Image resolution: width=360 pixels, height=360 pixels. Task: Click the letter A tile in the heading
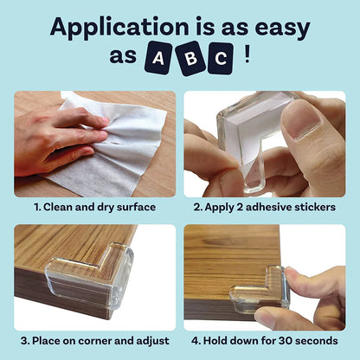pos(157,59)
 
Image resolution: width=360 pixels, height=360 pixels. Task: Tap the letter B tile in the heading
pos(190,57)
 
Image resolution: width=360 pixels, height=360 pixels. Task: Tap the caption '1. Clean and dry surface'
pos(94,208)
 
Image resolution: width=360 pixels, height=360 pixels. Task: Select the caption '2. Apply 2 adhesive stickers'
pos(265,208)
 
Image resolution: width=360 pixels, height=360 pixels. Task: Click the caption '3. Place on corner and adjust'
pos(94,341)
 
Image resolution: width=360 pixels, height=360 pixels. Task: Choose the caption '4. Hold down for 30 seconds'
pos(265,341)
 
